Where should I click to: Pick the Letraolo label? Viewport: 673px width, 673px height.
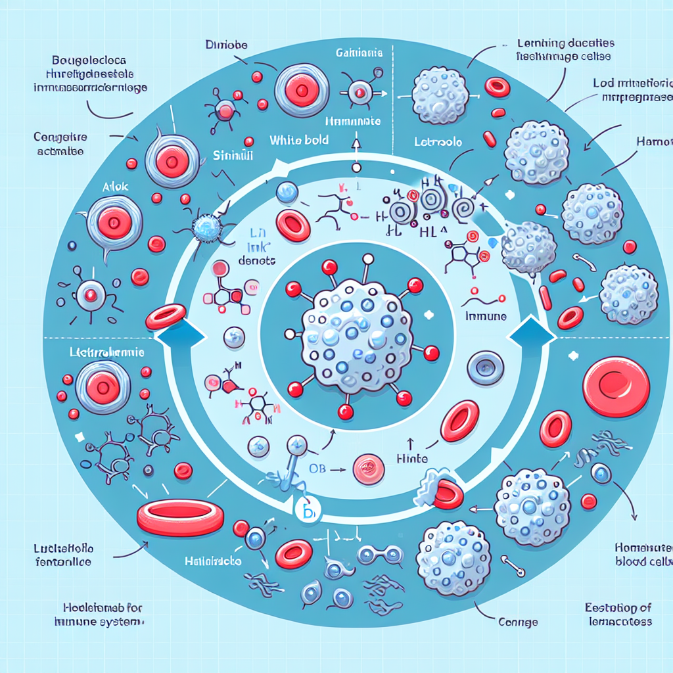[438, 141]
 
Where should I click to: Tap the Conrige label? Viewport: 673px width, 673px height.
[518, 621]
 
